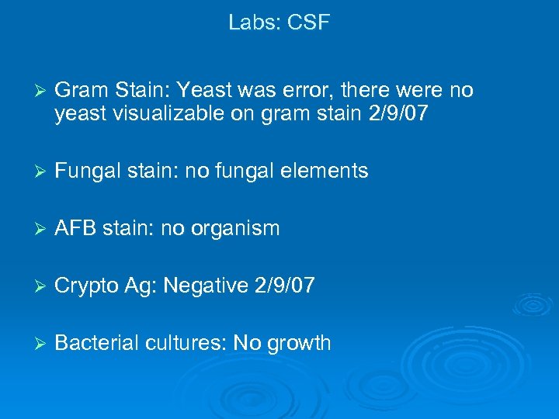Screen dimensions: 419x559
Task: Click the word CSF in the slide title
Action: pyautogui.click(x=308, y=23)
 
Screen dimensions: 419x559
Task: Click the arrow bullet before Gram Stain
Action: pyautogui.click(x=32, y=92)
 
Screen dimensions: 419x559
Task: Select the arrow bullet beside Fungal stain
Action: pyautogui.click(x=32, y=171)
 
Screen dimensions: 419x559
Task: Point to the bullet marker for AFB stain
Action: pyautogui.click(x=32, y=229)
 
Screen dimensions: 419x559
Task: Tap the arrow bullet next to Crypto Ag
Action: pyautogui.click(x=32, y=286)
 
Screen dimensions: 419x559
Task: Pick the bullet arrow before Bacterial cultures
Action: pyautogui.click(x=32, y=344)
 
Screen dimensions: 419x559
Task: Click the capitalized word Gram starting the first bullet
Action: pyautogui.click(x=80, y=92)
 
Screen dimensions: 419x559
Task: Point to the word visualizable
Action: pyautogui.click(x=172, y=115)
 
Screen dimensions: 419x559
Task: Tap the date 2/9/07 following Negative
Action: pyautogui.click(x=284, y=286)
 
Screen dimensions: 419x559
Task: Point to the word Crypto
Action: pyautogui.click(x=87, y=287)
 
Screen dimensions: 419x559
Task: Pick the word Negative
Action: pyautogui.click(x=203, y=286)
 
